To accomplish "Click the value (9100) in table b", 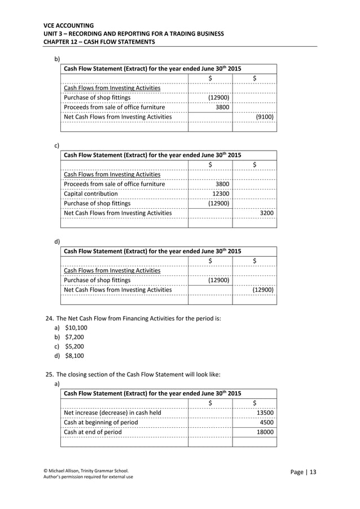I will pyautogui.click(x=265, y=117).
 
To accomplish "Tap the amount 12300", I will pyautogui.click(x=220, y=194).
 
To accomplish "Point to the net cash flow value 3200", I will pyautogui.click(x=266, y=213).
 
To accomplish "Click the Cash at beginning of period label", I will pyautogui.click(x=100, y=422).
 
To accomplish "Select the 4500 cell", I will pyautogui.click(x=266, y=422).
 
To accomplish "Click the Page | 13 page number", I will pyautogui.click(x=304, y=472).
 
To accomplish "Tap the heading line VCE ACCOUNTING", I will pyautogui.click(x=69, y=25).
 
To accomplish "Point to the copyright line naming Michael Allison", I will pyautogui.click(x=86, y=470).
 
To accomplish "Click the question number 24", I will pyautogui.click(x=49, y=318).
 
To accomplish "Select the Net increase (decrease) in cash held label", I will pyautogui.click(x=112, y=413).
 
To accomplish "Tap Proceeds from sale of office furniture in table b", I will pyautogui.click(x=115, y=107).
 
